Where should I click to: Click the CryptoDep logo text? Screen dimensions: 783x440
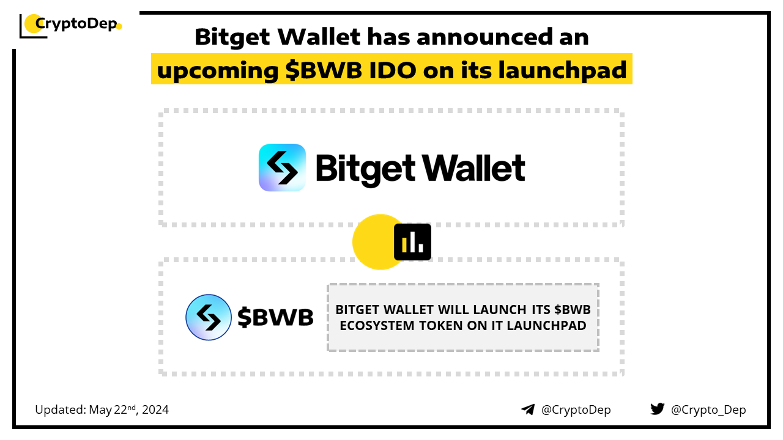(x=76, y=24)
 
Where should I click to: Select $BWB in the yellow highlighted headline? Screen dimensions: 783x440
(x=324, y=70)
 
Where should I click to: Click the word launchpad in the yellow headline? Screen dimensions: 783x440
(x=562, y=70)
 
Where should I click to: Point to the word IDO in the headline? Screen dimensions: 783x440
(x=393, y=70)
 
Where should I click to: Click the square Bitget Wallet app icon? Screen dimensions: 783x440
(x=282, y=167)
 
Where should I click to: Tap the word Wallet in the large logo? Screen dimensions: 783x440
(x=473, y=168)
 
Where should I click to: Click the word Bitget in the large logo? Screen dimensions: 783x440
(x=366, y=170)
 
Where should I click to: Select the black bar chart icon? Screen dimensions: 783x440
(x=412, y=242)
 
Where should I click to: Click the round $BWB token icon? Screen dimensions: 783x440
(x=209, y=317)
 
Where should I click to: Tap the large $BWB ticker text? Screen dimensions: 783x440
(x=275, y=317)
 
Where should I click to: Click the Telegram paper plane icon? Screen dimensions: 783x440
(x=528, y=409)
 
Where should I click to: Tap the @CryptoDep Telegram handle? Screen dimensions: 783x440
(x=576, y=410)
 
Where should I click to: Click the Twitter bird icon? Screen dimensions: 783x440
(x=658, y=409)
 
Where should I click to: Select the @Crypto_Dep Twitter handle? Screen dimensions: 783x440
(x=708, y=410)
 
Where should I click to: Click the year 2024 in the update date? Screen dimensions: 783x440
(x=155, y=409)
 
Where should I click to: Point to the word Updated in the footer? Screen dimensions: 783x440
(x=61, y=410)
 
